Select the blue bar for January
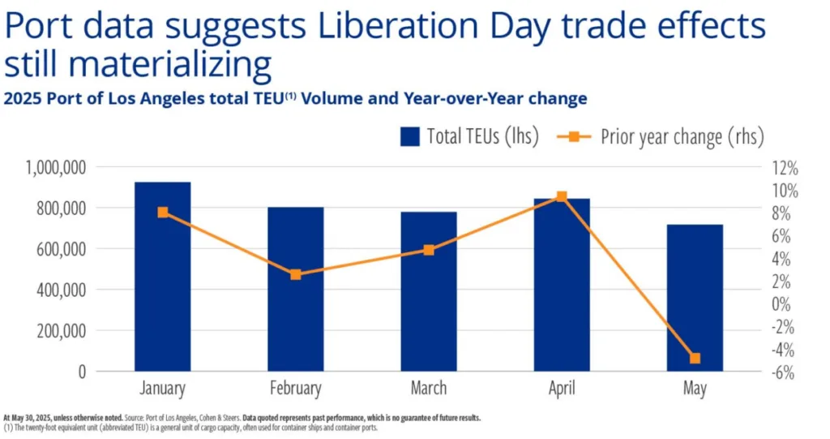point(162,277)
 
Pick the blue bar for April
point(562,285)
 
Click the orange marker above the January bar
point(163,213)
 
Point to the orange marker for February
point(296,274)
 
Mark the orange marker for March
point(429,250)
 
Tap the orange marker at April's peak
point(562,196)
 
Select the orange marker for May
point(695,358)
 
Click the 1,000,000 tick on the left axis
point(56,167)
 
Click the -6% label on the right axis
point(782,372)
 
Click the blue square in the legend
point(410,136)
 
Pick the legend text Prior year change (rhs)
point(682,136)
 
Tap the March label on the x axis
point(429,389)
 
